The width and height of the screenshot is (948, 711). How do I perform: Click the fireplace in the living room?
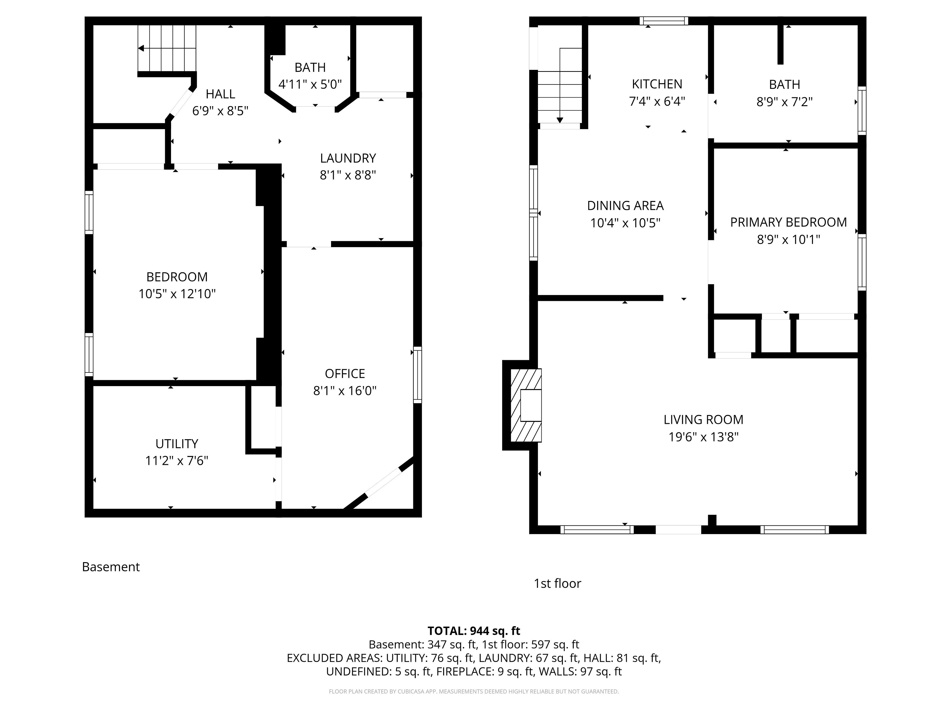click(x=526, y=405)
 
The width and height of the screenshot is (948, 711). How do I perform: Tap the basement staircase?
click(x=167, y=48)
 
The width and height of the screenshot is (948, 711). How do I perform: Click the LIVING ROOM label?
click(x=703, y=420)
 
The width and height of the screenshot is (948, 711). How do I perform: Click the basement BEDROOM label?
click(x=177, y=277)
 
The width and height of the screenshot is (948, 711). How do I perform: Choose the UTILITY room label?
click(x=177, y=444)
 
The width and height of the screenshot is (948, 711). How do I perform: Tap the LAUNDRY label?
click(x=348, y=158)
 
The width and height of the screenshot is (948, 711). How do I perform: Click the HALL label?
click(x=220, y=94)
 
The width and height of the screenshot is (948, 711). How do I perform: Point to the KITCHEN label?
click(x=657, y=84)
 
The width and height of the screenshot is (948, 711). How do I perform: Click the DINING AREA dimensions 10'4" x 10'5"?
click(x=625, y=223)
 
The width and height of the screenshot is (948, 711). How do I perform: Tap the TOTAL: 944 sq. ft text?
click(x=474, y=631)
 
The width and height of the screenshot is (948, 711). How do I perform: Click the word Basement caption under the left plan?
click(x=111, y=567)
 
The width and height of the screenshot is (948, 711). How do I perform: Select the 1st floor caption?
click(x=557, y=584)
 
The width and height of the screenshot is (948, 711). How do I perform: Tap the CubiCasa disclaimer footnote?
click(x=474, y=691)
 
